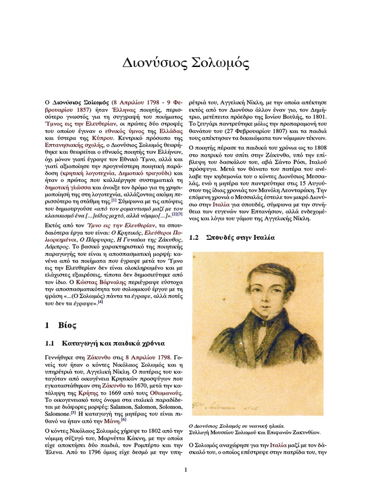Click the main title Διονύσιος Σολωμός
pos(186,63)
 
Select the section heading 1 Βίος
pos(61,325)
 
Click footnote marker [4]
pos(101,302)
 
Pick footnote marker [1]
pos(114,200)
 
